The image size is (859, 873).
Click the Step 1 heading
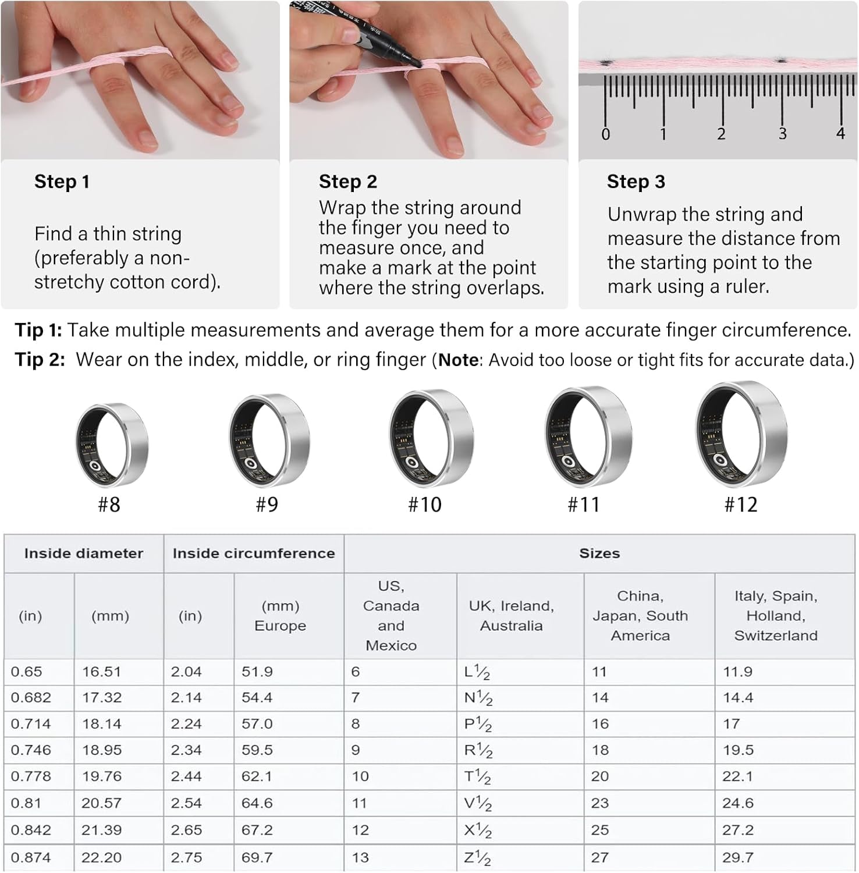coord(62,182)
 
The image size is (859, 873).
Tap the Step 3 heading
coord(636,182)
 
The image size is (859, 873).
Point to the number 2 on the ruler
coord(721,134)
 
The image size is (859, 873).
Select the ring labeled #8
coord(112,444)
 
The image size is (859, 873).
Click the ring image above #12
coord(741,434)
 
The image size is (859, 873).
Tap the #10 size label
coord(425,505)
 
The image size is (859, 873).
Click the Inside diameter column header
coord(83,553)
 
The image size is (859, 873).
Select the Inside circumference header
coord(254,553)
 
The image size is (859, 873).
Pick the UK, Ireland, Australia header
coord(511,616)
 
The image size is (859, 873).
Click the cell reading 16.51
coord(101,672)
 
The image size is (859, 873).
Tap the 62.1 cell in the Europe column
coord(257,776)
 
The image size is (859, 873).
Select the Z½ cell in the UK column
coord(478,858)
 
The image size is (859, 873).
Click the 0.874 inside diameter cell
coord(31,858)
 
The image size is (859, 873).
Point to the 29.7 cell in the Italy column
coord(737,858)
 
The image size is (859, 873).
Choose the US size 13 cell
coord(360,858)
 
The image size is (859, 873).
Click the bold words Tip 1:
coord(38,330)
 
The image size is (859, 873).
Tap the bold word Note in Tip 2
coord(458,360)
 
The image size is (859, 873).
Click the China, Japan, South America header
coord(640,616)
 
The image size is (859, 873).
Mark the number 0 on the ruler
coord(605,134)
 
